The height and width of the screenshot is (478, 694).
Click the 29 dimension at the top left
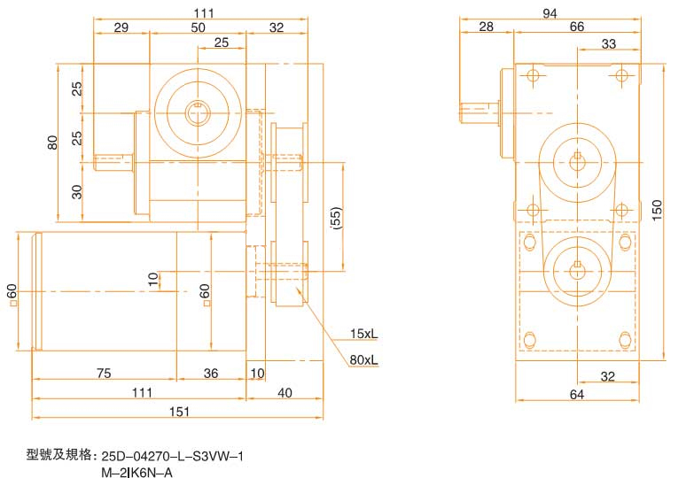(x=121, y=28)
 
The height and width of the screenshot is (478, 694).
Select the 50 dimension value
(x=198, y=28)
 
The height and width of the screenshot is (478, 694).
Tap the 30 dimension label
(x=77, y=190)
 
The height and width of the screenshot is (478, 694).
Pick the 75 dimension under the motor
(x=104, y=374)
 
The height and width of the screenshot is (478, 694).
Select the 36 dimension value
(x=211, y=374)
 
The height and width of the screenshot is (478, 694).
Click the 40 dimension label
(x=285, y=391)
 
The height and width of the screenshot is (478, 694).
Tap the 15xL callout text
(x=363, y=334)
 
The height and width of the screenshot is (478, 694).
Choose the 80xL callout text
(x=363, y=359)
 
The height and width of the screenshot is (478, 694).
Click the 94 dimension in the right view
(x=550, y=12)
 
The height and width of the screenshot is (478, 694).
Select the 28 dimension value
(x=486, y=27)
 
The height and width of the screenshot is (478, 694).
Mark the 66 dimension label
(x=576, y=27)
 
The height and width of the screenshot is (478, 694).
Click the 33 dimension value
(x=609, y=44)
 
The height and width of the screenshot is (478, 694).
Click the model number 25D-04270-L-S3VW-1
(x=172, y=457)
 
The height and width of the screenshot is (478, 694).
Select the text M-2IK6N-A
(x=137, y=472)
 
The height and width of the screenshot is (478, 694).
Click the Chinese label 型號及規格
(x=60, y=456)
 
